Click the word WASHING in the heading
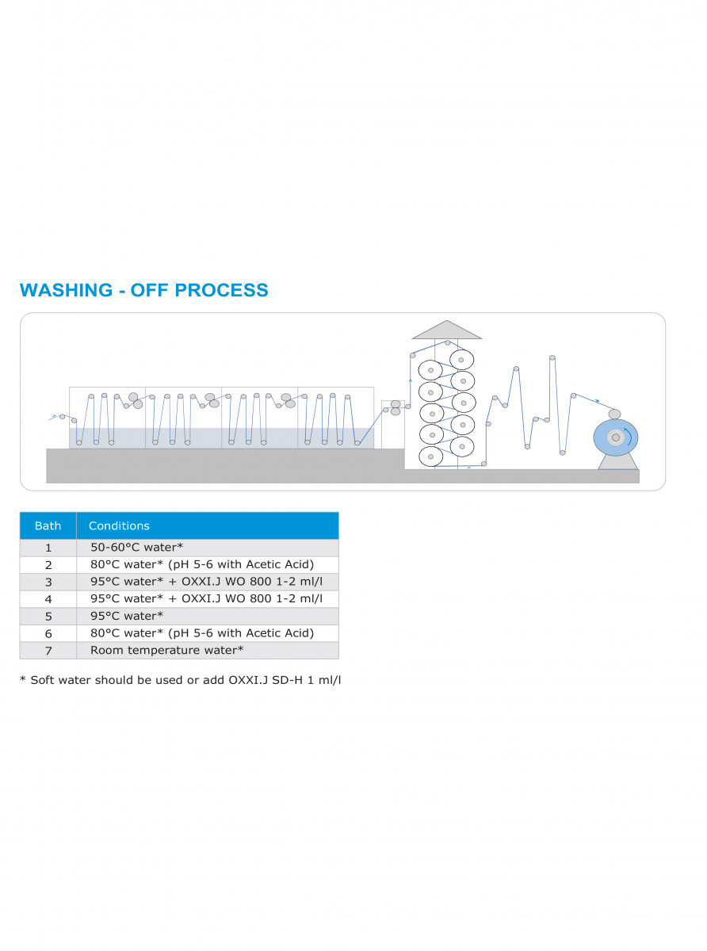point(66,290)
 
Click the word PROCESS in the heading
point(221,290)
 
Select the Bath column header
point(48,525)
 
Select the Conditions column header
point(208,525)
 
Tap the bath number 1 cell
point(48,548)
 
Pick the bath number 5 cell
point(48,617)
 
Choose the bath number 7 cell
point(48,651)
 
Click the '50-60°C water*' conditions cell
point(208,548)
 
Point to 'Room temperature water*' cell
point(208,651)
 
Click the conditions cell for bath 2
point(208,565)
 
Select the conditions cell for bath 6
point(208,633)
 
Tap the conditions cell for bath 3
point(208,582)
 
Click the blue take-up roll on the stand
point(616,437)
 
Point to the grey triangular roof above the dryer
point(446,330)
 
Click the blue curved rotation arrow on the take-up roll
point(629,437)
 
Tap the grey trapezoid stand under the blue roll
point(617,463)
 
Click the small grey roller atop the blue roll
point(615,414)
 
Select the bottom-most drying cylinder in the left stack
point(430,456)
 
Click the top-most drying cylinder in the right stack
point(461,360)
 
